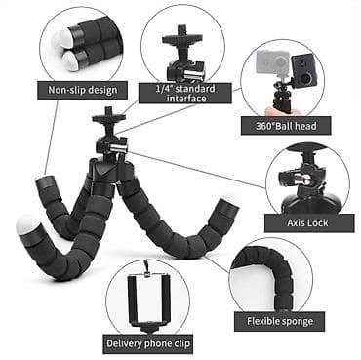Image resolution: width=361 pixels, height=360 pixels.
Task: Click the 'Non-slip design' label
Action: pos(83,91)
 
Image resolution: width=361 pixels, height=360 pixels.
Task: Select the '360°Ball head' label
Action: pos(286,126)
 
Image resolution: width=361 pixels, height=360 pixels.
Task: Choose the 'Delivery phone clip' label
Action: pos(147,342)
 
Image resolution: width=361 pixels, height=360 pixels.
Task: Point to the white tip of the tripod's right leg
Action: pos(230,201)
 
